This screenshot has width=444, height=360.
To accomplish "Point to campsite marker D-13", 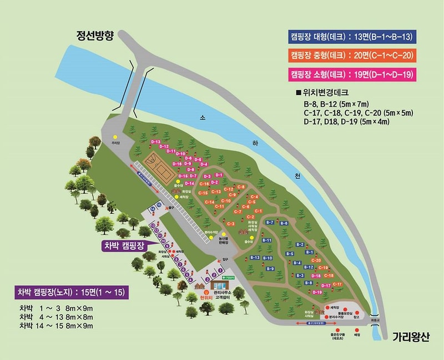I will click(155, 142).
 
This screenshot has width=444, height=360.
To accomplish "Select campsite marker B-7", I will click(270, 222).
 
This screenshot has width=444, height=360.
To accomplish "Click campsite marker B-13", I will click(255, 258).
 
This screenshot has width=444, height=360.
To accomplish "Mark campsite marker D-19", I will click(317, 292).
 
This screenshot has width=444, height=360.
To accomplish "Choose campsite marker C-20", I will click(316, 260).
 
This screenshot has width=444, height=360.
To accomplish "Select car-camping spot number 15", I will click(159, 204).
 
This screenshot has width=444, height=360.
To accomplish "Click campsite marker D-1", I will click(219, 175).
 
